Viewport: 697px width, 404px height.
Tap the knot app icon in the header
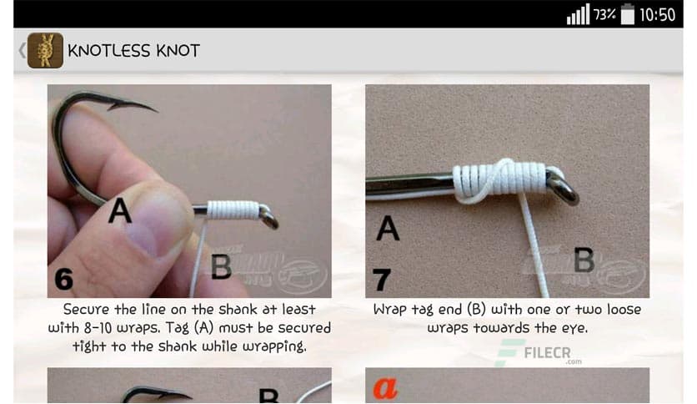click(x=45, y=50)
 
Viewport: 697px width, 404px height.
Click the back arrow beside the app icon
click(x=22, y=50)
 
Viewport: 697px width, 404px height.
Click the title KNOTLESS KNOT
click(x=133, y=50)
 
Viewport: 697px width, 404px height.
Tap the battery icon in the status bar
click(x=627, y=14)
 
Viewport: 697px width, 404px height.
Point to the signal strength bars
click(x=578, y=15)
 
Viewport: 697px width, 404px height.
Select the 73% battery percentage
click(x=604, y=14)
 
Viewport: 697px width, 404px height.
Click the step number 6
click(x=63, y=279)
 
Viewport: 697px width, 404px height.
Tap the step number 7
click(x=382, y=279)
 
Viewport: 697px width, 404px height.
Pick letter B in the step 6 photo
click(x=220, y=266)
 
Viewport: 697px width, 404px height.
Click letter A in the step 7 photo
click(x=387, y=228)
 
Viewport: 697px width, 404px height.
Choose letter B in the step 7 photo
click(x=584, y=260)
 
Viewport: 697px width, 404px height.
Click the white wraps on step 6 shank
click(x=231, y=209)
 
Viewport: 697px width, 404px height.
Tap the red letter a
click(x=384, y=387)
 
